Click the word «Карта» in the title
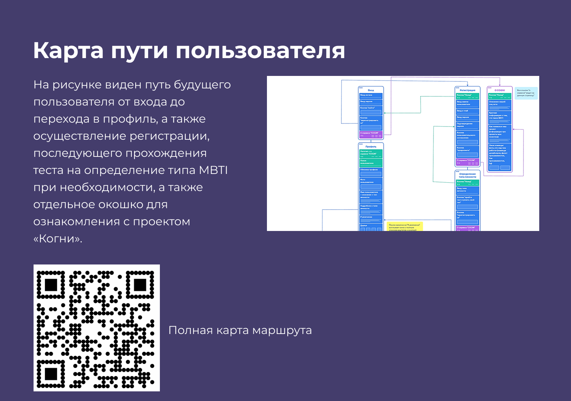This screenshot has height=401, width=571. click(68, 51)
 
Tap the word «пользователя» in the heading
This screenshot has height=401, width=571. click(260, 51)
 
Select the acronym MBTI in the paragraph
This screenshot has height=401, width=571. click(213, 170)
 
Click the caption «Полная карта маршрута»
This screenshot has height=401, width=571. click(240, 330)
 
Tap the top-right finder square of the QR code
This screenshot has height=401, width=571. click(140, 285)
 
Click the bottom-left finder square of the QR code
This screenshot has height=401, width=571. click(51, 374)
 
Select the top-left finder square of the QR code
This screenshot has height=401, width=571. click(51, 285)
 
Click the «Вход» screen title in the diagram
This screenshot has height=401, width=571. click(371, 90)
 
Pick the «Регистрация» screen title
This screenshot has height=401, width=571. click(468, 90)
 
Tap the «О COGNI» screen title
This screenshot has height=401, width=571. click(500, 90)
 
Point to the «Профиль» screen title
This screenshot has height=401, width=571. click(371, 146)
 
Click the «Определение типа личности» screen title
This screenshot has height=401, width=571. click(468, 175)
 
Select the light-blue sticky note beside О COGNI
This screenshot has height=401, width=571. click(526, 93)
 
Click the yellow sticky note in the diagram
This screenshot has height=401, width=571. click(405, 227)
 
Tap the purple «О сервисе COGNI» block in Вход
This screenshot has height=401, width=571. click(371, 134)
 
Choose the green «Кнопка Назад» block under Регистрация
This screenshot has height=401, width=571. click(468, 96)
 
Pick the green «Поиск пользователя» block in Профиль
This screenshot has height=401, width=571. click(371, 163)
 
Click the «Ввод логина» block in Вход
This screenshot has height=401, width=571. click(371, 96)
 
